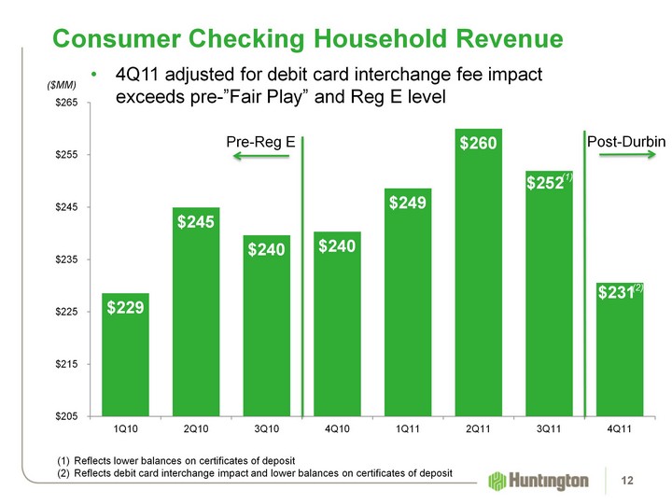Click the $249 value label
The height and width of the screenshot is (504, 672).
tap(408, 202)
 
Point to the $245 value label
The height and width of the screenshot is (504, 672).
tap(196, 221)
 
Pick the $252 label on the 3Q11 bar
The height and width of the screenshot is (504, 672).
tap(544, 184)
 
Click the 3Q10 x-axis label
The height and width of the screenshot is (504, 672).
tap(266, 430)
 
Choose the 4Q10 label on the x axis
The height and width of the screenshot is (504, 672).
tap(337, 430)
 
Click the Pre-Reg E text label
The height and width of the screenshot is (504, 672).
tap(261, 142)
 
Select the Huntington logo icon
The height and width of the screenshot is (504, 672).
tap(495, 481)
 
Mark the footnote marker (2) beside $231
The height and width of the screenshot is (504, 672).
tap(639, 289)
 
